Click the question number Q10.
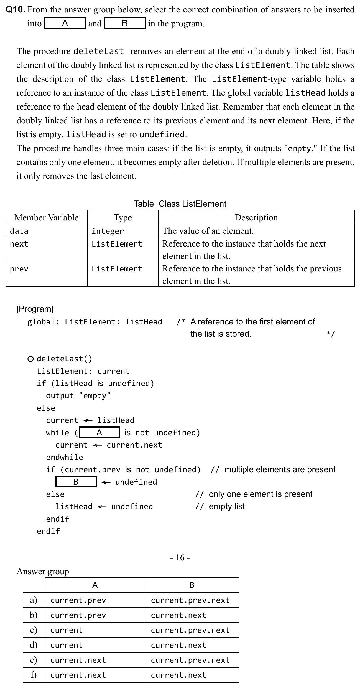pos(16,10)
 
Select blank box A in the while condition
pos(99,433)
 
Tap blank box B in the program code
pos(76,482)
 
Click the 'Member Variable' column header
pos(46,217)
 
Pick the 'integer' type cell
pos(108,231)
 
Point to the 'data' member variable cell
pos(19,231)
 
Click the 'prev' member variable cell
pos(19,269)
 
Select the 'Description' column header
pos(256,217)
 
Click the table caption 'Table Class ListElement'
pos(180,204)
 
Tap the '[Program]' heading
pos(35,309)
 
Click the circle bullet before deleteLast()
pos(30,359)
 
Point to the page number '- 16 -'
pos(180,557)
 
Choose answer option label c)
pos(34,630)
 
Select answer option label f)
pos(34,675)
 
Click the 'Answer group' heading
pos(43,571)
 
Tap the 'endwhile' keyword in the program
pos(65,457)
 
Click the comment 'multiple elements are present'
pos(280,469)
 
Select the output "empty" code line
pos(78,396)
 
